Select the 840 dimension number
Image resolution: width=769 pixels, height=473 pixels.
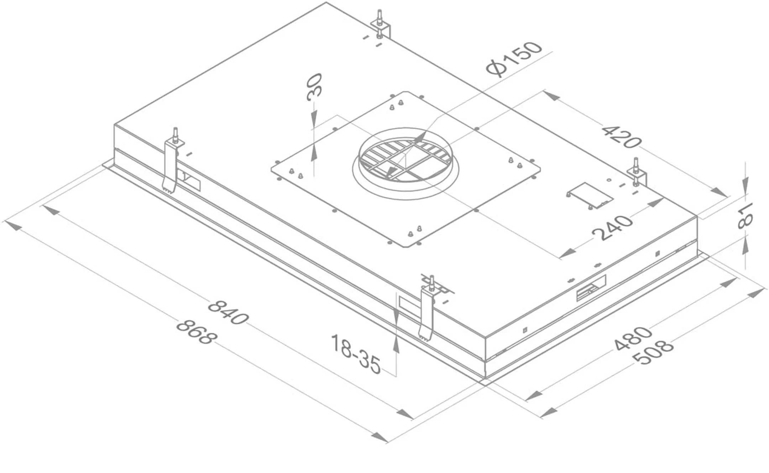(x=227, y=312)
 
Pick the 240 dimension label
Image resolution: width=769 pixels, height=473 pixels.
(x=612, y=228)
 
